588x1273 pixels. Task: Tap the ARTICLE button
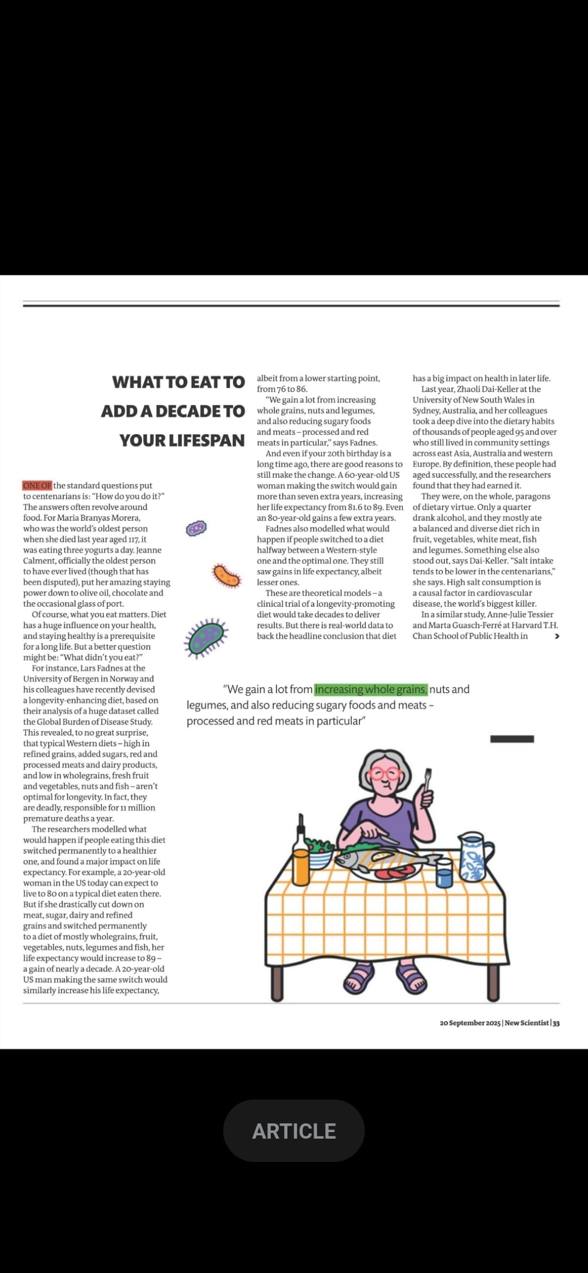click(x=293, y=1131)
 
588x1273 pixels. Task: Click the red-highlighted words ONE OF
click(x=37, y=485)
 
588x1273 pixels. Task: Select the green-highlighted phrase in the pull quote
click(x=371, y=689)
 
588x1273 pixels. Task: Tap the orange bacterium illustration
click(x=226, y=576)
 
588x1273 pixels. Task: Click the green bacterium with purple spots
click(x=206, y=637)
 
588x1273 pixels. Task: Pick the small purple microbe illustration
click(x=196, y=528)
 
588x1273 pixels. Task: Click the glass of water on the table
click(x=444, y=873)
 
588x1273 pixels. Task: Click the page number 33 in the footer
click(x=556, y=1023)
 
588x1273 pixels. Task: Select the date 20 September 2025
click(x=470, y=1023)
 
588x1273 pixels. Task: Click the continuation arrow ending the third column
click(x=556, y=636)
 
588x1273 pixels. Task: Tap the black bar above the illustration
click(x=512, y=739)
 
